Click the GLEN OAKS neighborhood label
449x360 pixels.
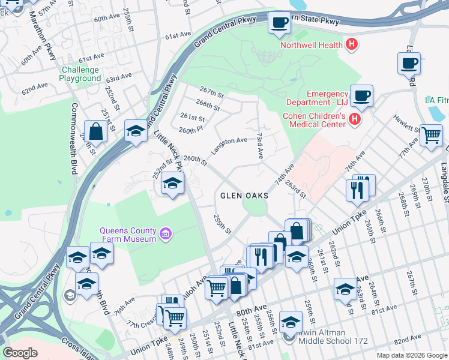244,196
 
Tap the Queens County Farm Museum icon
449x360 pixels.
166,233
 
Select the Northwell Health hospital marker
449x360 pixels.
352,44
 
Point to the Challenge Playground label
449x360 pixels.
80,74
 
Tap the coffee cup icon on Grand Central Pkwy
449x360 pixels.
279,23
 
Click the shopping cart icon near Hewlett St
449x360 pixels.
431,136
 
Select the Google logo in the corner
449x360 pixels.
20,353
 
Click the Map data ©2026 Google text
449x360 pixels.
411,355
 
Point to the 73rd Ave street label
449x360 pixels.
260,146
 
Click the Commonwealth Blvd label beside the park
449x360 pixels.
74,138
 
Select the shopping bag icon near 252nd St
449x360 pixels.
96,131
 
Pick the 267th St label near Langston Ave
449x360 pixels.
212,94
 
